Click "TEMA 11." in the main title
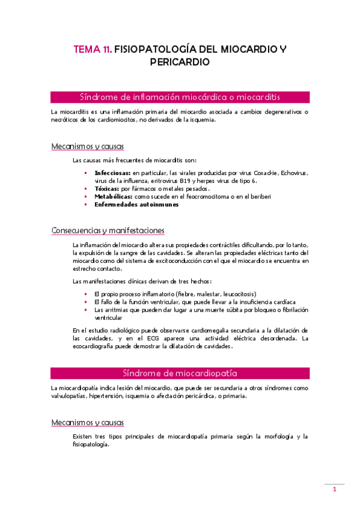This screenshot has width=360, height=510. tap(92, 50)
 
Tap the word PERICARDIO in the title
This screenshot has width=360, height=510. tap(180, 62)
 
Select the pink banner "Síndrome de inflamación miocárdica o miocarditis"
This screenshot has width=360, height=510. tap(180, 97)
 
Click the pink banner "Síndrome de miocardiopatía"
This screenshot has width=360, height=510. tap(180, 373)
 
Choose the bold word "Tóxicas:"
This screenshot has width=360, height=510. tap(106, 188)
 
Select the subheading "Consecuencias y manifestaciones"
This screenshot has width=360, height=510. tap(108, 231)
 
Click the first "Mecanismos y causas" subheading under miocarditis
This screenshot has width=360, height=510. tap(88, 146)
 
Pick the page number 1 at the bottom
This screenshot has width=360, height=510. tap(334, 490)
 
